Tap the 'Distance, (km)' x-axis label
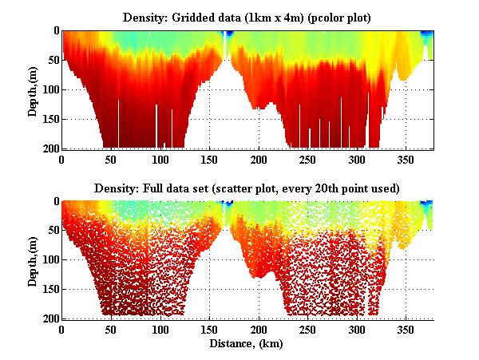click(247, 345)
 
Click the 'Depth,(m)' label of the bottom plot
click(33, 260)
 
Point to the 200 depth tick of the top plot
click(49, 149)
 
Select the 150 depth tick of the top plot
click(49, 120)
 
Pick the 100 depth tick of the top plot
click(49, 89)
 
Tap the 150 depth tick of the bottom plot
click(49, 290)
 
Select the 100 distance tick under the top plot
click(162, 159)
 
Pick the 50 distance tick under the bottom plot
click(111, 329)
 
